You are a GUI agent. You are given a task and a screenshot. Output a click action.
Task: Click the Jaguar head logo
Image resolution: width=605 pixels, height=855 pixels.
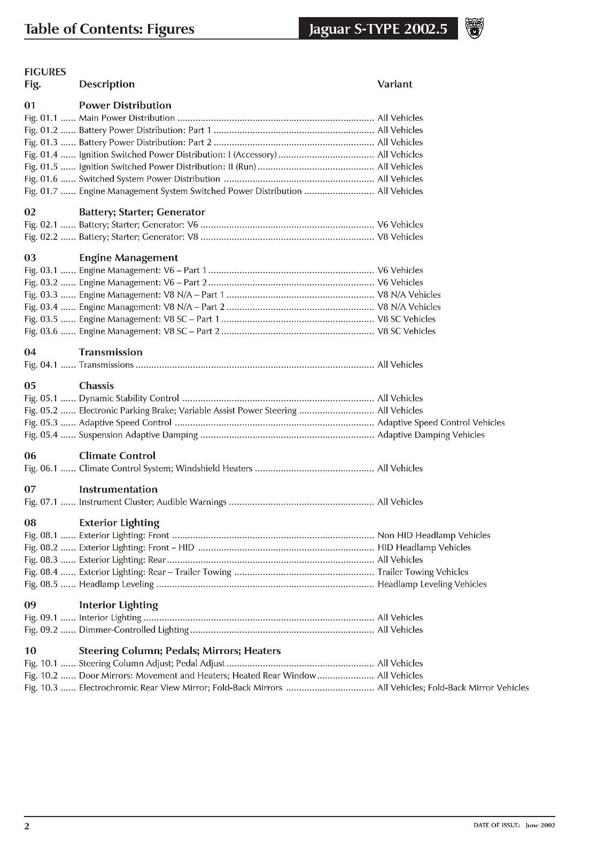point(474,28)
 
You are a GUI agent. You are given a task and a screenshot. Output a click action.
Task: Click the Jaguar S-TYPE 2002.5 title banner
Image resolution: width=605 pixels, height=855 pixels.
point(378,29)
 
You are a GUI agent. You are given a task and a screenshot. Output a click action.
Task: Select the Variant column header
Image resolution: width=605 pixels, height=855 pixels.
point(394,84)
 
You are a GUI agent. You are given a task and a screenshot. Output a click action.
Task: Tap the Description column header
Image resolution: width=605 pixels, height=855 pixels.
point(106,84)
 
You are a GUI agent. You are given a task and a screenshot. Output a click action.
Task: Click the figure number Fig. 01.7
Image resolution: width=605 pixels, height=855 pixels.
point(41,191)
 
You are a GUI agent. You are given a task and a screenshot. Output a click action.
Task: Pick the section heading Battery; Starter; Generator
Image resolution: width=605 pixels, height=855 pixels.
point(142,212)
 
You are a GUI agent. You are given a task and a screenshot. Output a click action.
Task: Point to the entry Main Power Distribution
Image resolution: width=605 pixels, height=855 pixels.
point(127,118)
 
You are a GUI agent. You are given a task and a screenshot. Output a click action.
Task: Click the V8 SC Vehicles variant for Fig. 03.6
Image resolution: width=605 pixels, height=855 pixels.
point(406,331)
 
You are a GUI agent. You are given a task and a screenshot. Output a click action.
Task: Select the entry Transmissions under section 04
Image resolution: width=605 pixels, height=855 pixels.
point(106,364)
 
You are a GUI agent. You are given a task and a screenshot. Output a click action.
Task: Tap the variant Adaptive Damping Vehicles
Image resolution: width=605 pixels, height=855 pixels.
point(431,435)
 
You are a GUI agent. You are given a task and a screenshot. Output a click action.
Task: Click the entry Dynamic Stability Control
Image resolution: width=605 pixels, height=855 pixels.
point(129,398)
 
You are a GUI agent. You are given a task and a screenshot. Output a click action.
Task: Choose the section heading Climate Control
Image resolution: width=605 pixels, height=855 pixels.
point(117,456)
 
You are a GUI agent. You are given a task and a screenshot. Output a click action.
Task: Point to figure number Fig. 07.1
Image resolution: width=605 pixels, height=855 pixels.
point(41,502)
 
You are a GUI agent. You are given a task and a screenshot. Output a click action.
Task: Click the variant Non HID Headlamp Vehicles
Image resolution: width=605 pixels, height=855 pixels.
point(433,535)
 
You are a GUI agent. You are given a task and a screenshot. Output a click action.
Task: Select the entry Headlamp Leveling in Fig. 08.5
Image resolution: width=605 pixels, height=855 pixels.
point(116,584)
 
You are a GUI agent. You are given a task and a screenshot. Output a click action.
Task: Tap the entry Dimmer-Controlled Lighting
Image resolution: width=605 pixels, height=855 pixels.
point(134,629)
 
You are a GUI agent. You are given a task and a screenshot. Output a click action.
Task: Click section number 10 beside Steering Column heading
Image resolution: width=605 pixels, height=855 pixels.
point(30,651)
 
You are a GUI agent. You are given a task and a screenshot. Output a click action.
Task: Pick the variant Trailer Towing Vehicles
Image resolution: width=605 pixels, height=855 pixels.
point(423,572)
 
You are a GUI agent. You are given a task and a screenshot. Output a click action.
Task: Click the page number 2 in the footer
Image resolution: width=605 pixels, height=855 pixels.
point(27,827)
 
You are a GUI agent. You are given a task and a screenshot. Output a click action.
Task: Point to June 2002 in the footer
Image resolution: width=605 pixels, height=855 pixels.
point(540,825)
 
